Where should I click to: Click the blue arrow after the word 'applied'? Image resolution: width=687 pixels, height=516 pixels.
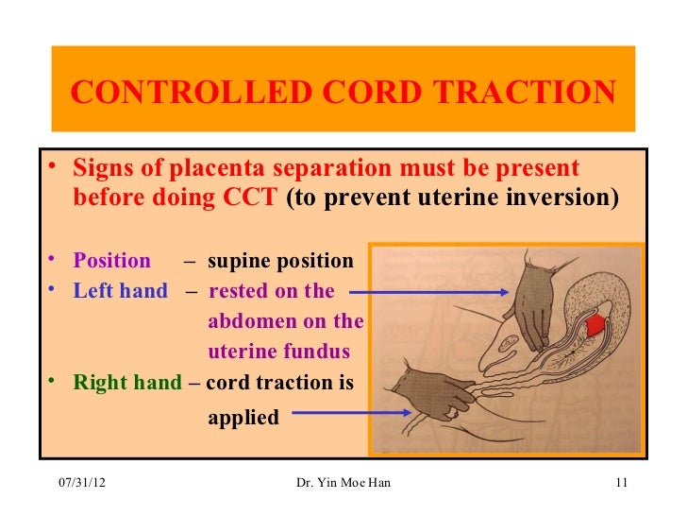[349, 413]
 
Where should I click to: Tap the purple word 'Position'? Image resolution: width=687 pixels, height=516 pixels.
[112, 261]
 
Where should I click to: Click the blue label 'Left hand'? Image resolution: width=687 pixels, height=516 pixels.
[120, 291]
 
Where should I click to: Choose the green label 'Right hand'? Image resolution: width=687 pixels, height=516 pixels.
[127, 383]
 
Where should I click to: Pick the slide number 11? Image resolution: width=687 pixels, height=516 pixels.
[620, 484]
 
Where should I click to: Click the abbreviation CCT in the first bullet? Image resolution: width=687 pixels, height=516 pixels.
[252, 198]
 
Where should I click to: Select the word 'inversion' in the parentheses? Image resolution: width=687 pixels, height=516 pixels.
[568, 198]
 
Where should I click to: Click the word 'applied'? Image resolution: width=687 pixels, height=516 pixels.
[243, 417]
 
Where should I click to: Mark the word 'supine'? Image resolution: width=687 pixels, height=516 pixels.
[237, 261]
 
